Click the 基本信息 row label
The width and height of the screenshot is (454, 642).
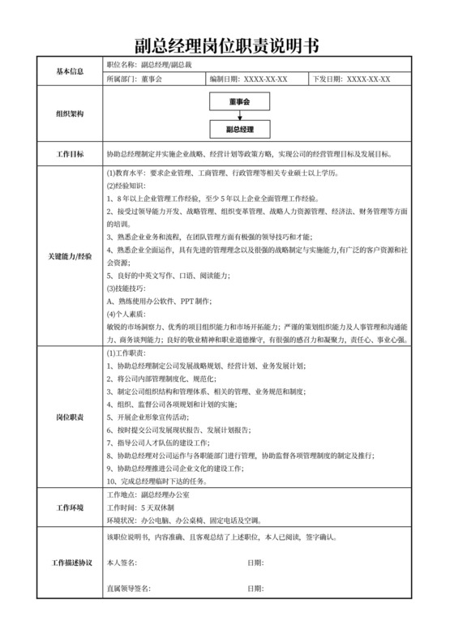pos(70,71)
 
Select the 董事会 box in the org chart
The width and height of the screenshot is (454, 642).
pos(238,101)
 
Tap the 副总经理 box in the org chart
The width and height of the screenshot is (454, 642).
pos(238,129)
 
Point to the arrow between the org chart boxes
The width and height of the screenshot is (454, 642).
pos(238,115)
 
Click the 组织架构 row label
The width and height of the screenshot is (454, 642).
pos(70,115)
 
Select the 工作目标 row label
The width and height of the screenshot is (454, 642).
pos(70,154)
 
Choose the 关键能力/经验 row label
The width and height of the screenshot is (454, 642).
pos(70,255)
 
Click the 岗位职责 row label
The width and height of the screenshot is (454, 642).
pos(70,416)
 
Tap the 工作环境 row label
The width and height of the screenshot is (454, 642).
pos(70,507)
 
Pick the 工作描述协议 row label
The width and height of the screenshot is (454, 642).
pos(70,562)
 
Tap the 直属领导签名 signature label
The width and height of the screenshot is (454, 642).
pos(130,588)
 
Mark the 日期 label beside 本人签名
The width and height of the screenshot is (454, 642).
pos(256,563)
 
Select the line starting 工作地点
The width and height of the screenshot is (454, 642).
pos(148,494)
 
